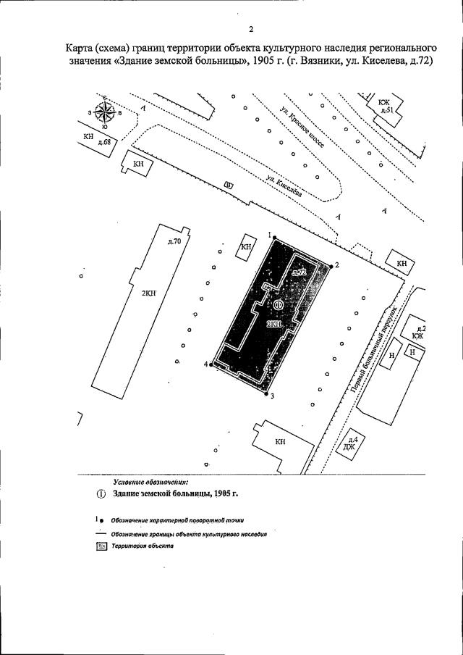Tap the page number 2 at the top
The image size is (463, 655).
250,29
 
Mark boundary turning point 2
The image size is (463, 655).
331,266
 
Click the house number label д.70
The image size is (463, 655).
174,241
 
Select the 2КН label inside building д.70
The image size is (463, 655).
149,293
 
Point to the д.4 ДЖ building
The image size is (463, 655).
352,443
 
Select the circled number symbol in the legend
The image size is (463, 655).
101,493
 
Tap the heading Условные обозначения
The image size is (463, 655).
150,480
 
